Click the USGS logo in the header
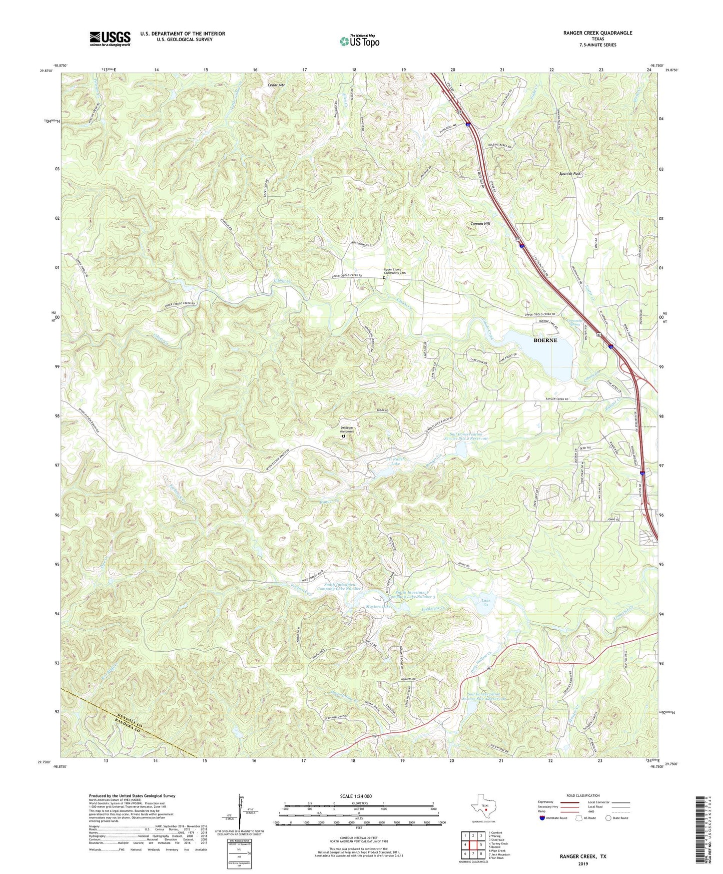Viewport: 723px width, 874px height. [x=110, y=39]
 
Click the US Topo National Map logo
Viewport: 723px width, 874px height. [x=359, y=41]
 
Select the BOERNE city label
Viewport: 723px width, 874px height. [x=545, y=340]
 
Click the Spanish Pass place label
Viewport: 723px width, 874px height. [x=570, y=174]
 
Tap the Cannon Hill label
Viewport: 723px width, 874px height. [x=480, y=224]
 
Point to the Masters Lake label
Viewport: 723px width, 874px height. [x=378, y=606]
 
